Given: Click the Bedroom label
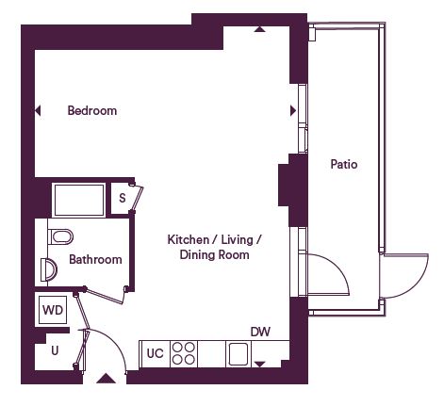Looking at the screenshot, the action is pos(92,110).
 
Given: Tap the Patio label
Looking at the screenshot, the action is pos(344,164).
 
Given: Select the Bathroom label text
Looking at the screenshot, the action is pos(95,259).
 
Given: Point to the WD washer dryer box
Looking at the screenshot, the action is pos(53,310).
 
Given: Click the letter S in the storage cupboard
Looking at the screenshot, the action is pos(123,198).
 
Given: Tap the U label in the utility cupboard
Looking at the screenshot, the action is pos(55,350).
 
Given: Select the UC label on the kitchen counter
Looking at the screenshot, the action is pos(156,353).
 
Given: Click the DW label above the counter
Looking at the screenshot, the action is pos(260,332).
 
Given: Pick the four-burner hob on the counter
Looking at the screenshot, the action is pos(184,353).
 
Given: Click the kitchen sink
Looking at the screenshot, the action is pos(238,354).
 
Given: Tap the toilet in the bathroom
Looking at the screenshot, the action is pos(60,236).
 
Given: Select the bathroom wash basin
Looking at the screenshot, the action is pos(49,269).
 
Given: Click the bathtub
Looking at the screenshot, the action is pos(79,200).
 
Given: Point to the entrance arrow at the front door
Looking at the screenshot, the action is pos(106,379).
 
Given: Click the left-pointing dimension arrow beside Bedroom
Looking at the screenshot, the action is pos(38,110).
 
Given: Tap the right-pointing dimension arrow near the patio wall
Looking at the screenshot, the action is pos(293,110).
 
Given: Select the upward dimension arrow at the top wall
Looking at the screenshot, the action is pos(259,29).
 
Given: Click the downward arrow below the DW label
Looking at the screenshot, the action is pos(259,365).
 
